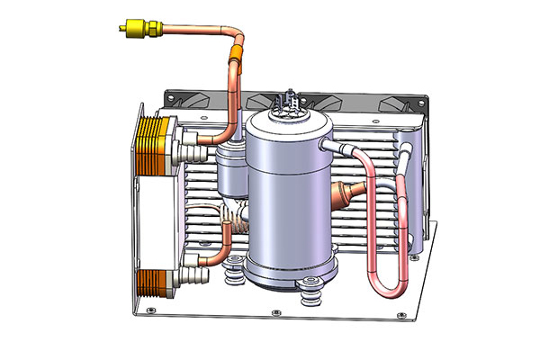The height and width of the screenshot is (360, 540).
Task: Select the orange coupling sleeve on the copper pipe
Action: click(237, 65)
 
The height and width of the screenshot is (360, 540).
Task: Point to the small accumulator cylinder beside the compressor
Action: click(231, 171)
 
